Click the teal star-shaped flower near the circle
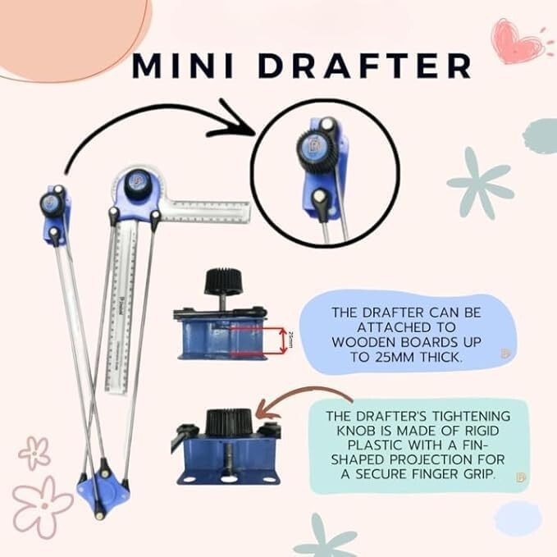pyautogui.click(x=479, y=181)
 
